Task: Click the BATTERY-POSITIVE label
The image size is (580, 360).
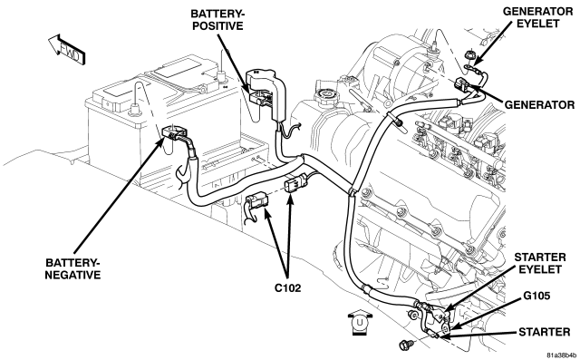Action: point(217,20)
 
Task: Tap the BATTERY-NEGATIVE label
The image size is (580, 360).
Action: point(72,269)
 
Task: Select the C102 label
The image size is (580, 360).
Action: point(287,287)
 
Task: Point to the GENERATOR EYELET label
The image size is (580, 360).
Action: point(537,17)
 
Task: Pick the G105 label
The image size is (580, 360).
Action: point(536,296)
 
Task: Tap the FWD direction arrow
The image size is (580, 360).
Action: point(67,49)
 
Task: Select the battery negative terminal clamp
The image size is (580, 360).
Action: point(175,132)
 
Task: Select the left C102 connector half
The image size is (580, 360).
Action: point(257,201)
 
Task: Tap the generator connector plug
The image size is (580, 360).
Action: point(462,84)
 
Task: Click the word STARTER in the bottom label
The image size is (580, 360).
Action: point(544,332)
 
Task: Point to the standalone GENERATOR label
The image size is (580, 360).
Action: point(539,104)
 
